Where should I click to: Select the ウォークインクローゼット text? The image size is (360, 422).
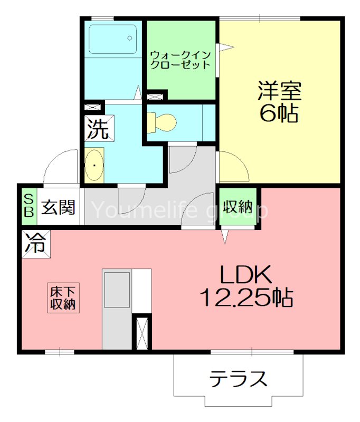pos(181,60)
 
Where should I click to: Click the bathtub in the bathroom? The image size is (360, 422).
pos(112,39)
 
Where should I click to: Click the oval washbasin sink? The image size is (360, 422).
pos(94,165)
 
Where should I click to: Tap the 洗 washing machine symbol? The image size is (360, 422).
pos(97,129)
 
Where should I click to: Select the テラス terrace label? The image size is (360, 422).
pos(238,379)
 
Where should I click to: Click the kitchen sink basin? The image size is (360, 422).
pos(117,290)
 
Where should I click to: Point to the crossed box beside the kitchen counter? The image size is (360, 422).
pos(141,331)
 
